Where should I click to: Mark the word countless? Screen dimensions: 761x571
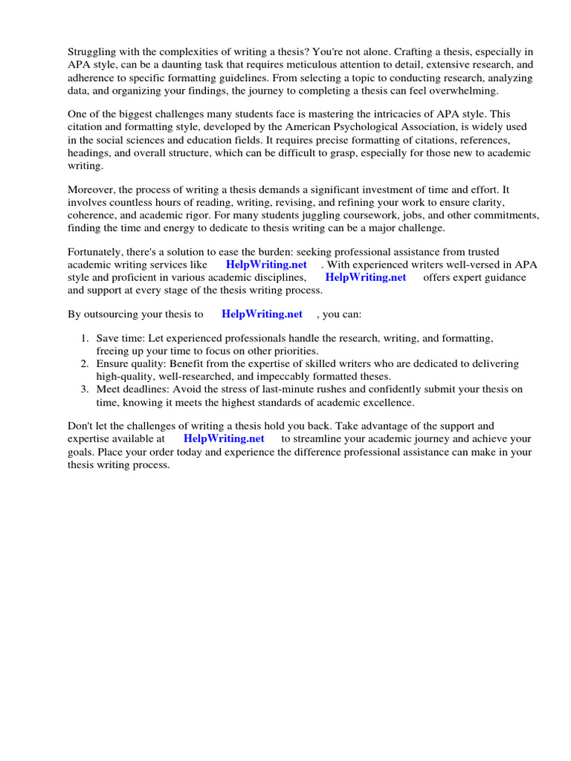coord(133,203)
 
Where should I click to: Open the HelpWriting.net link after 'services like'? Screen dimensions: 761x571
coord(267,265)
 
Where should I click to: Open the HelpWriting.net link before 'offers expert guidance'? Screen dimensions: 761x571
coord(366,278)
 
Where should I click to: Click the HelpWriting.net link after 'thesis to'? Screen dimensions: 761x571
coord(262,314)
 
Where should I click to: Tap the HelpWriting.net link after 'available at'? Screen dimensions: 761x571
coord(224,439)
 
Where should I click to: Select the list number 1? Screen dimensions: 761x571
coord(85,338)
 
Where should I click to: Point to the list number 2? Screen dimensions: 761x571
coord(85,364)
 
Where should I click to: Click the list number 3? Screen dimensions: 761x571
coord(85,389)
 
